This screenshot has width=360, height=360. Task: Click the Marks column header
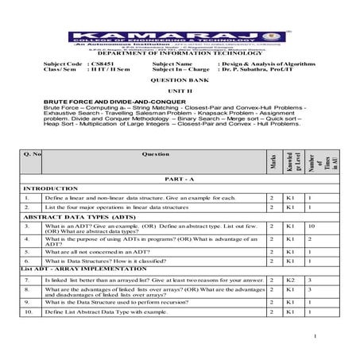pos(272,160)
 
